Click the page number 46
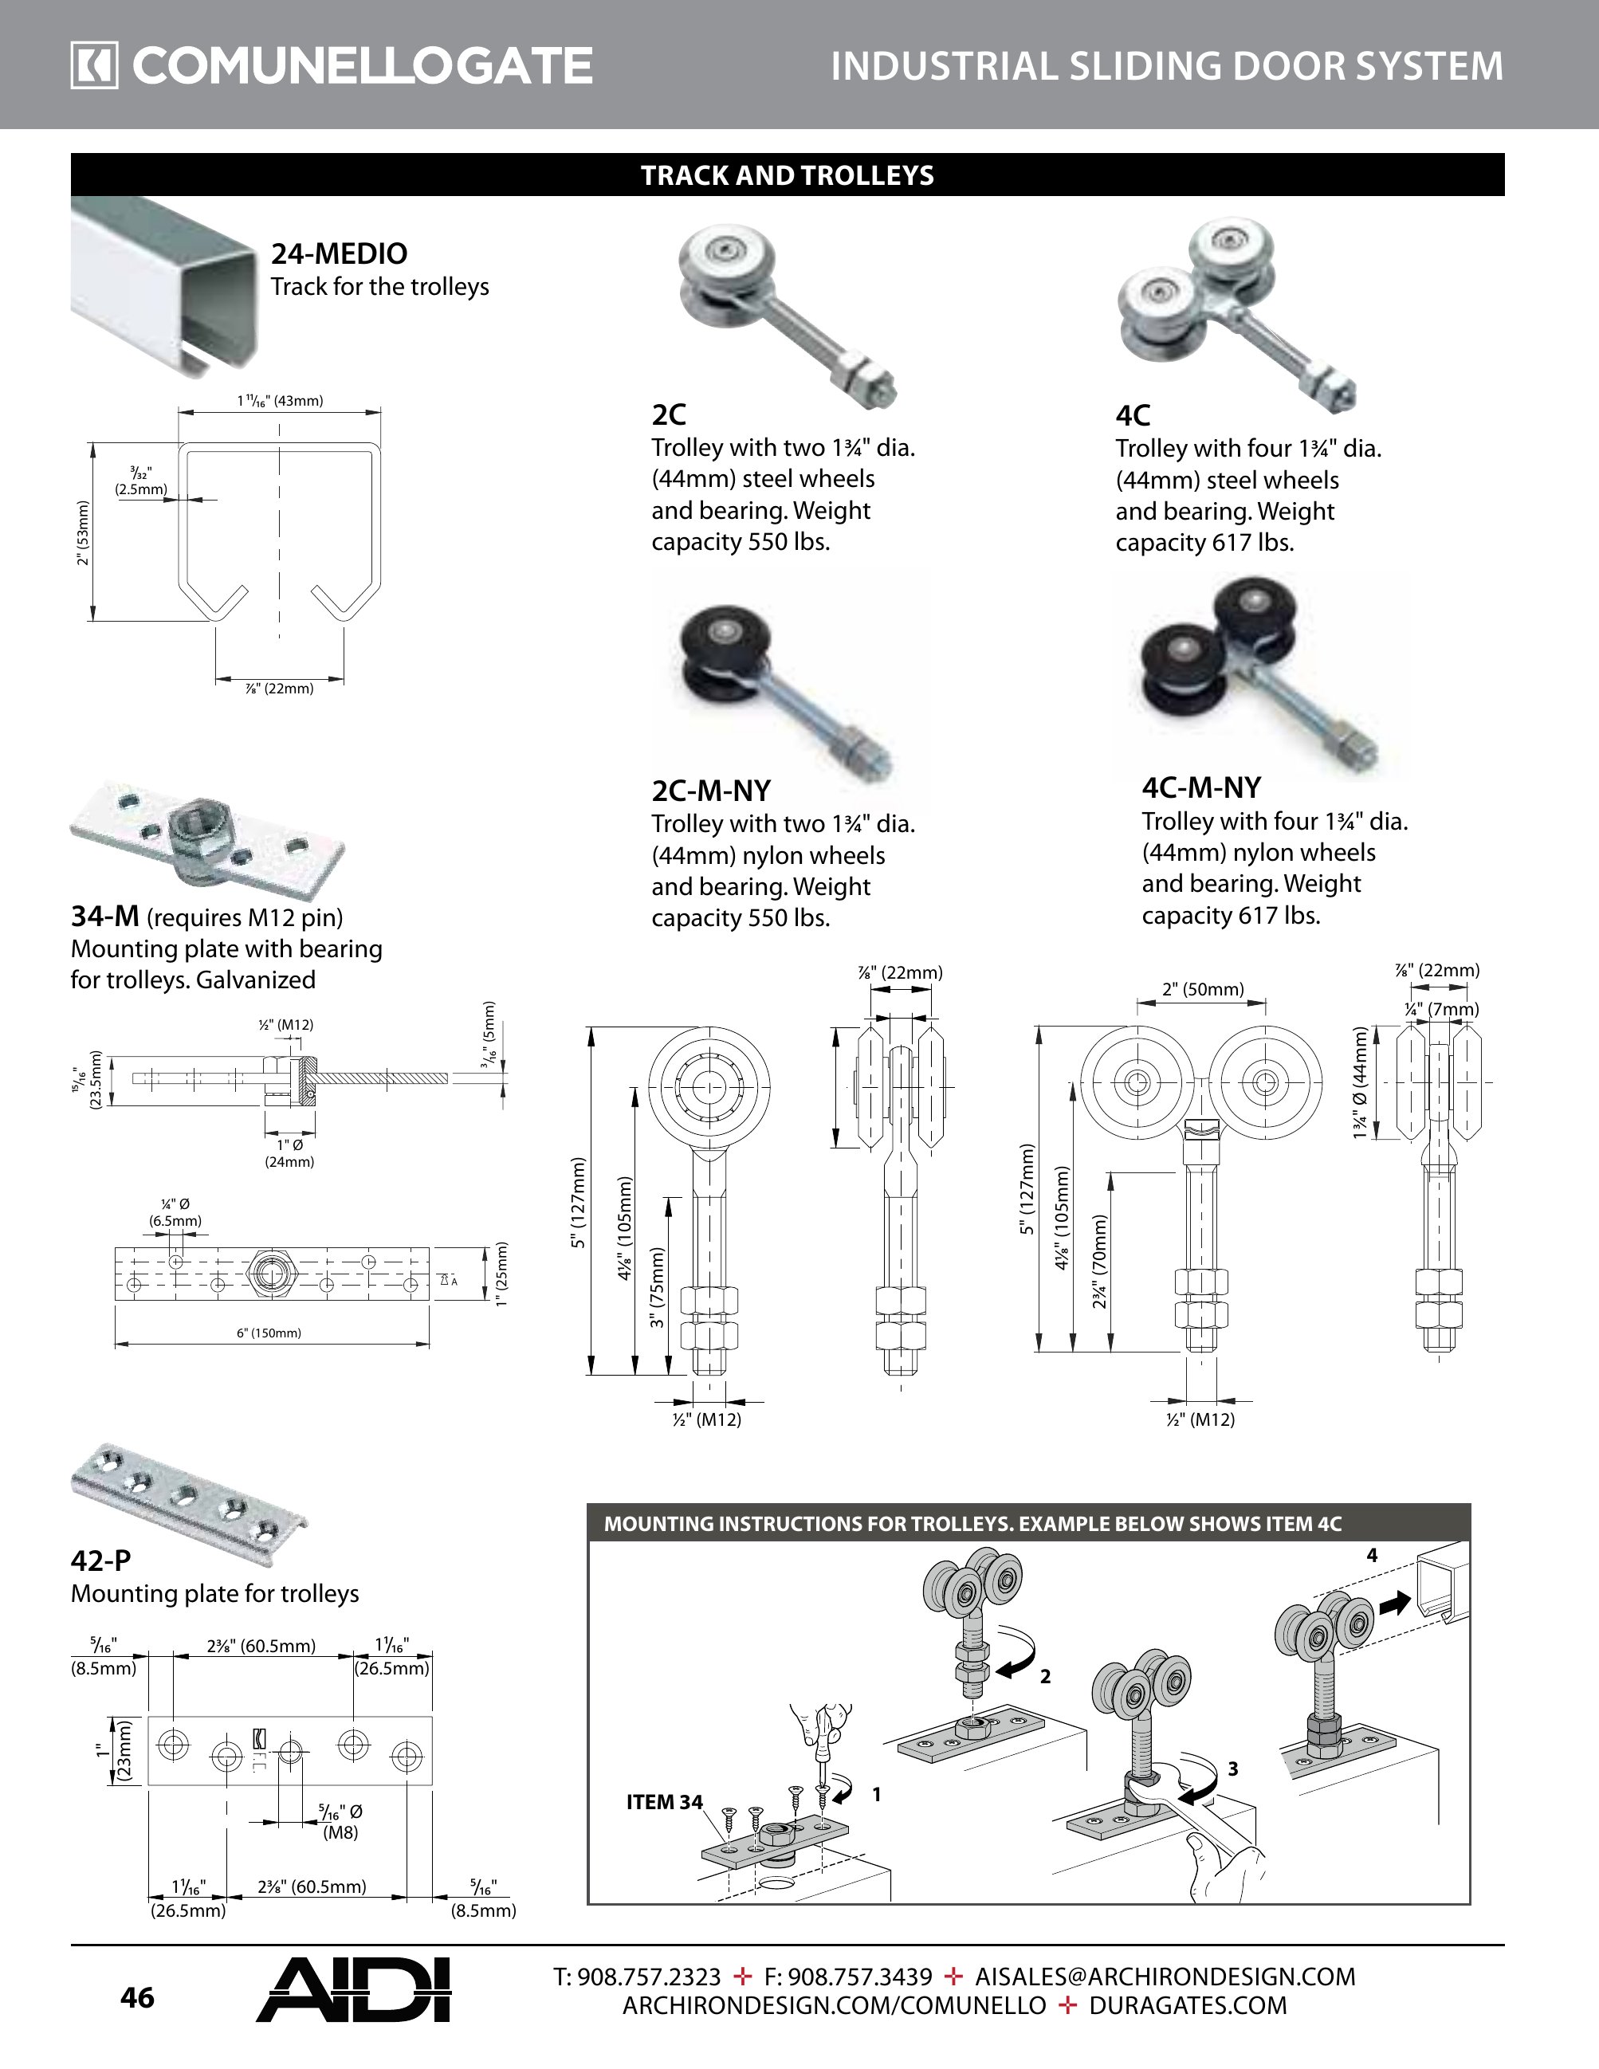(x=137, y=1997)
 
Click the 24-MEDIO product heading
(x=339, y=254)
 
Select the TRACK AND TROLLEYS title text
(x=788, y=175)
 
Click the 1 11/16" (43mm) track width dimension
(x=281, y=401)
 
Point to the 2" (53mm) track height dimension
(x=84, y=532)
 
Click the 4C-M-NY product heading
(x=1201, y=788)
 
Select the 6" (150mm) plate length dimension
(x=269, y=1333)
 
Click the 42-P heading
(x=100, y=1561)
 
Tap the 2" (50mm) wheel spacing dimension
(x=1203, y=990)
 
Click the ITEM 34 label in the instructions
(x=664, y=1802)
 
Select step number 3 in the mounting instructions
(x=1232, y=1768)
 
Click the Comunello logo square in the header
(x=94, y=66)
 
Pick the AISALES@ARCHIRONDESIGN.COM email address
(x=1165, y=1977)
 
